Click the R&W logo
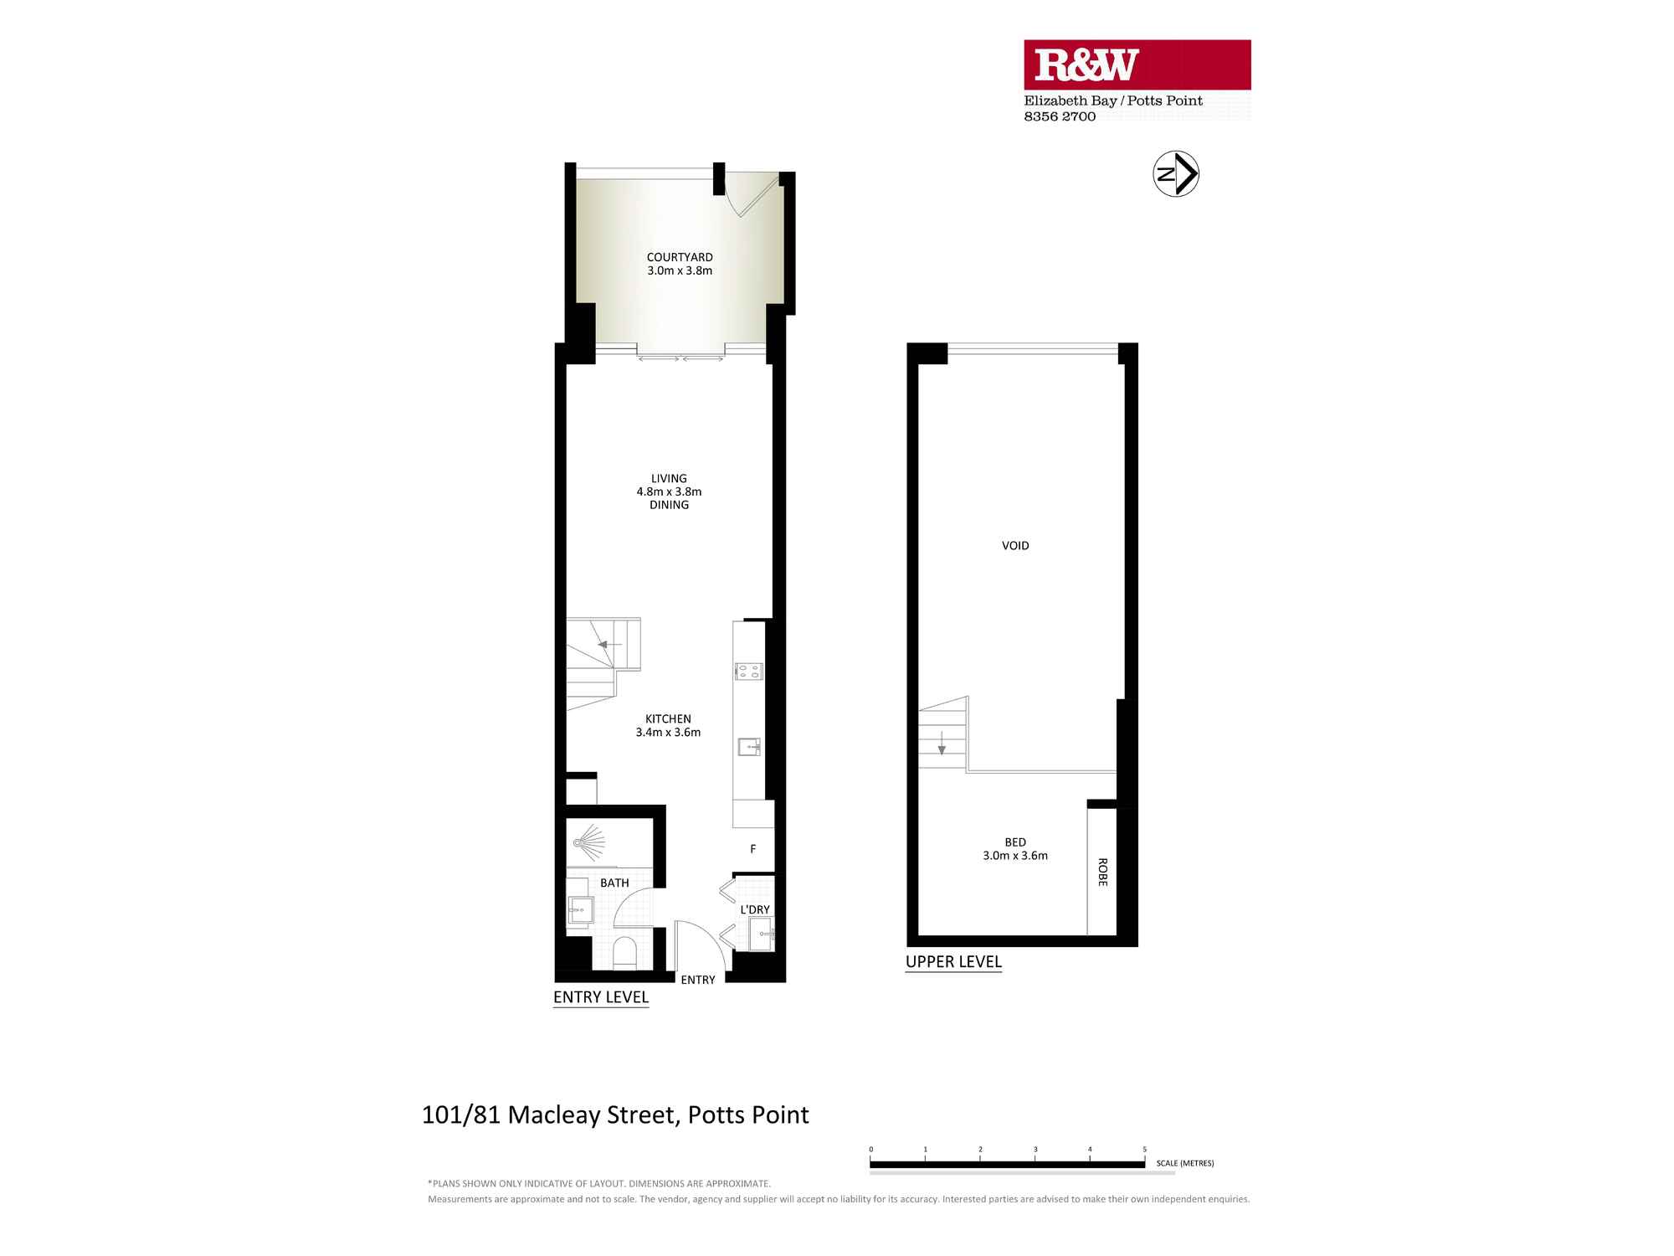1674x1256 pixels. (1086, 65)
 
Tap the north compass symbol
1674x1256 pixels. (1176, 174)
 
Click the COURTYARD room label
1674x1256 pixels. (680, 257)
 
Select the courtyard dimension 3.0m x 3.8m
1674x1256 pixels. (680, 270)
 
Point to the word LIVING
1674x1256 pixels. (669, 479)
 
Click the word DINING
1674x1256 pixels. (669, 505)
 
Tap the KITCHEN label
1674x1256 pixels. (668, 718)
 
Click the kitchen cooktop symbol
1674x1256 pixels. (748, 671)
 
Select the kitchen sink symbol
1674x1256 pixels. (748, 746)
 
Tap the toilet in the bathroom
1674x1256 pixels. (624, 953)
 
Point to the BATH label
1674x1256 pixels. (614, 883)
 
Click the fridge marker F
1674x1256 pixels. (752, 849)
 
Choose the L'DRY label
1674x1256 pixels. (755, 909)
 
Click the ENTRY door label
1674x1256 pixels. (698, 980)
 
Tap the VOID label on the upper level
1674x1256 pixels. (1015, 545)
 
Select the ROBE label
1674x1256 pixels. (1102, 872)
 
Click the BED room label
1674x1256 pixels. (1015, 842)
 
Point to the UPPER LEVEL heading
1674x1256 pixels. (953, 962)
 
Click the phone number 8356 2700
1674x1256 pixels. (1060, 116)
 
